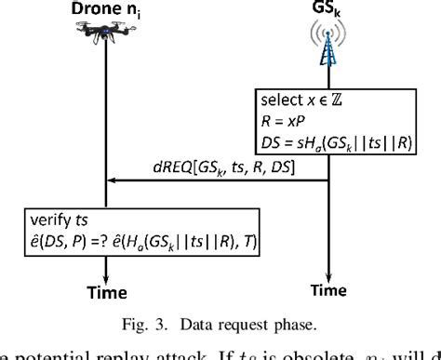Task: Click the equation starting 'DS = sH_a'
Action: click(330, 136)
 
